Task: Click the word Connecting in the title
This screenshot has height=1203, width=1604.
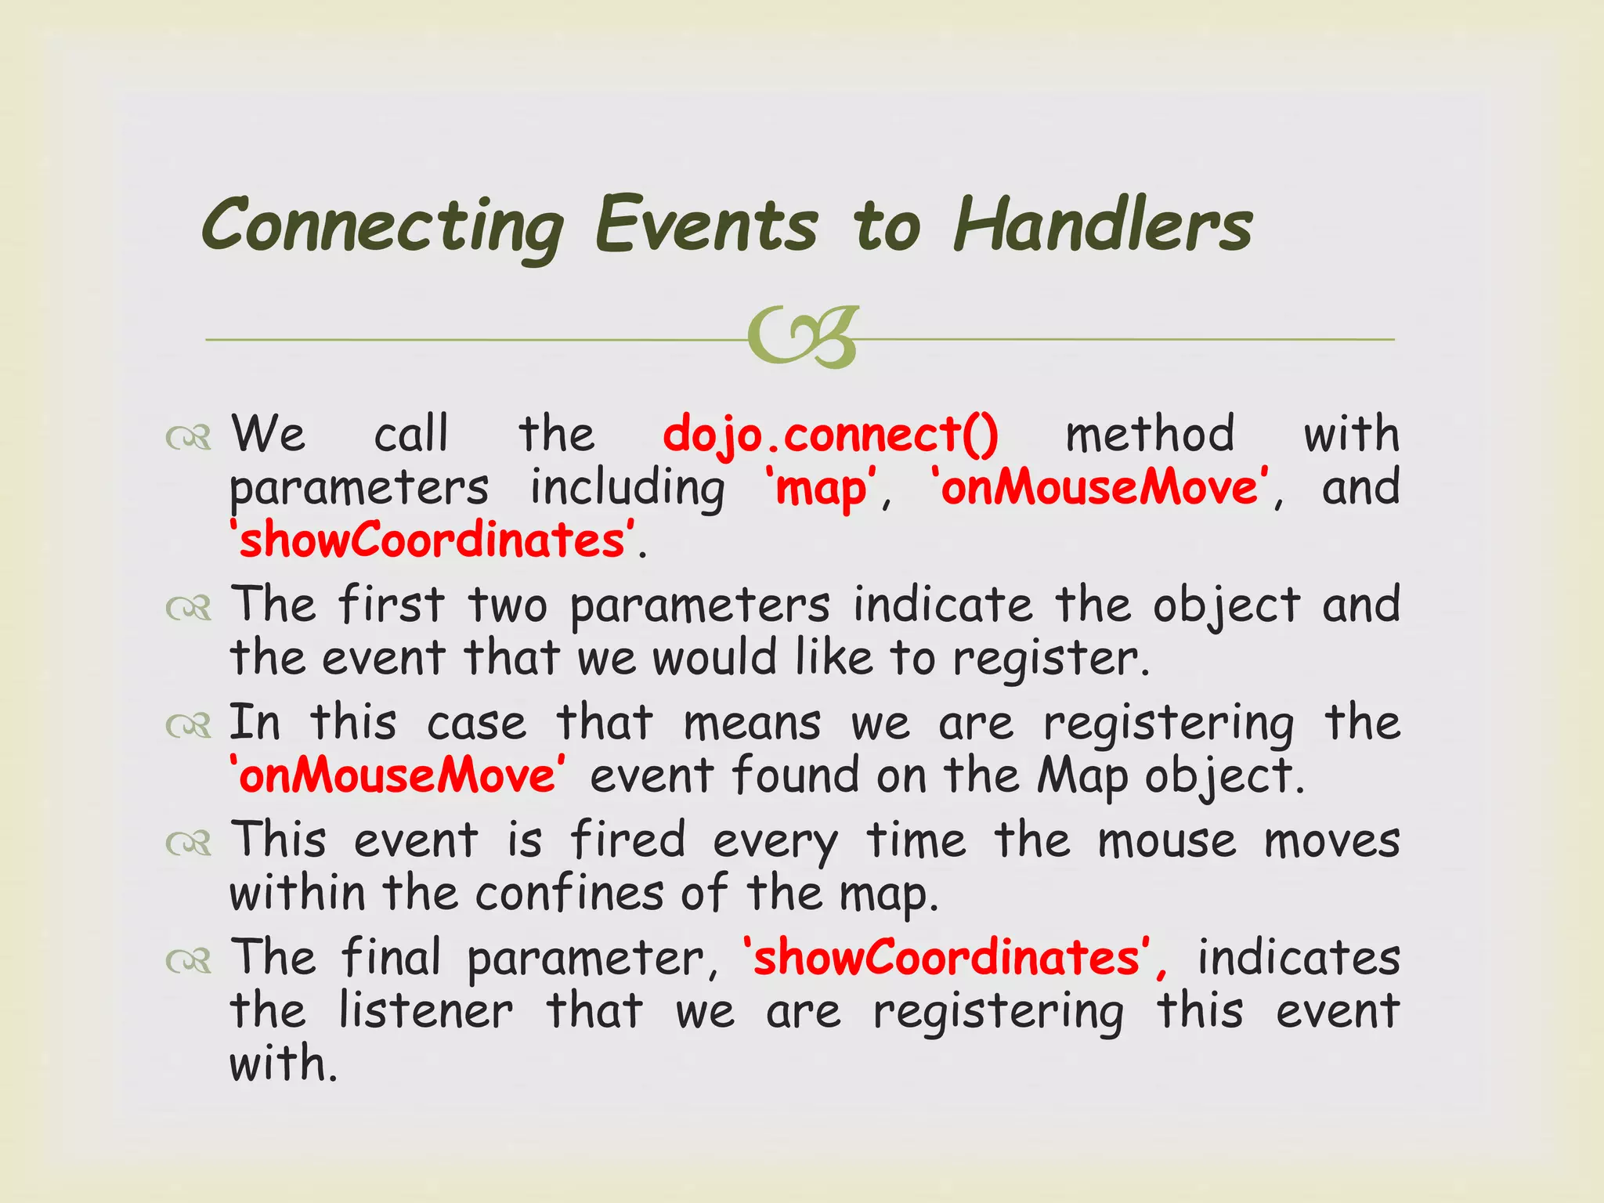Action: (382, 227)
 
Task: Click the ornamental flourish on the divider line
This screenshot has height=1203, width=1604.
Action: (802, 338)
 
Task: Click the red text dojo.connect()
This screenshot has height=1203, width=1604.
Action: (830, 435)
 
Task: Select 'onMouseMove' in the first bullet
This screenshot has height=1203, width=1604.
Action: (1098, 487)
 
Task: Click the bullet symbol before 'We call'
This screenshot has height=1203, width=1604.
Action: (189, 439)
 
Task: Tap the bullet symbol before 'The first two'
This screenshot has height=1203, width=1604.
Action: (189, 609)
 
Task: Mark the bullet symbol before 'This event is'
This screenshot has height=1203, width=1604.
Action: (189, 844)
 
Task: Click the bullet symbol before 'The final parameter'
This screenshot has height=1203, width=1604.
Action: (189, 961)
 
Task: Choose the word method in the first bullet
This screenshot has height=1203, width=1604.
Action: (1150, 435)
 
